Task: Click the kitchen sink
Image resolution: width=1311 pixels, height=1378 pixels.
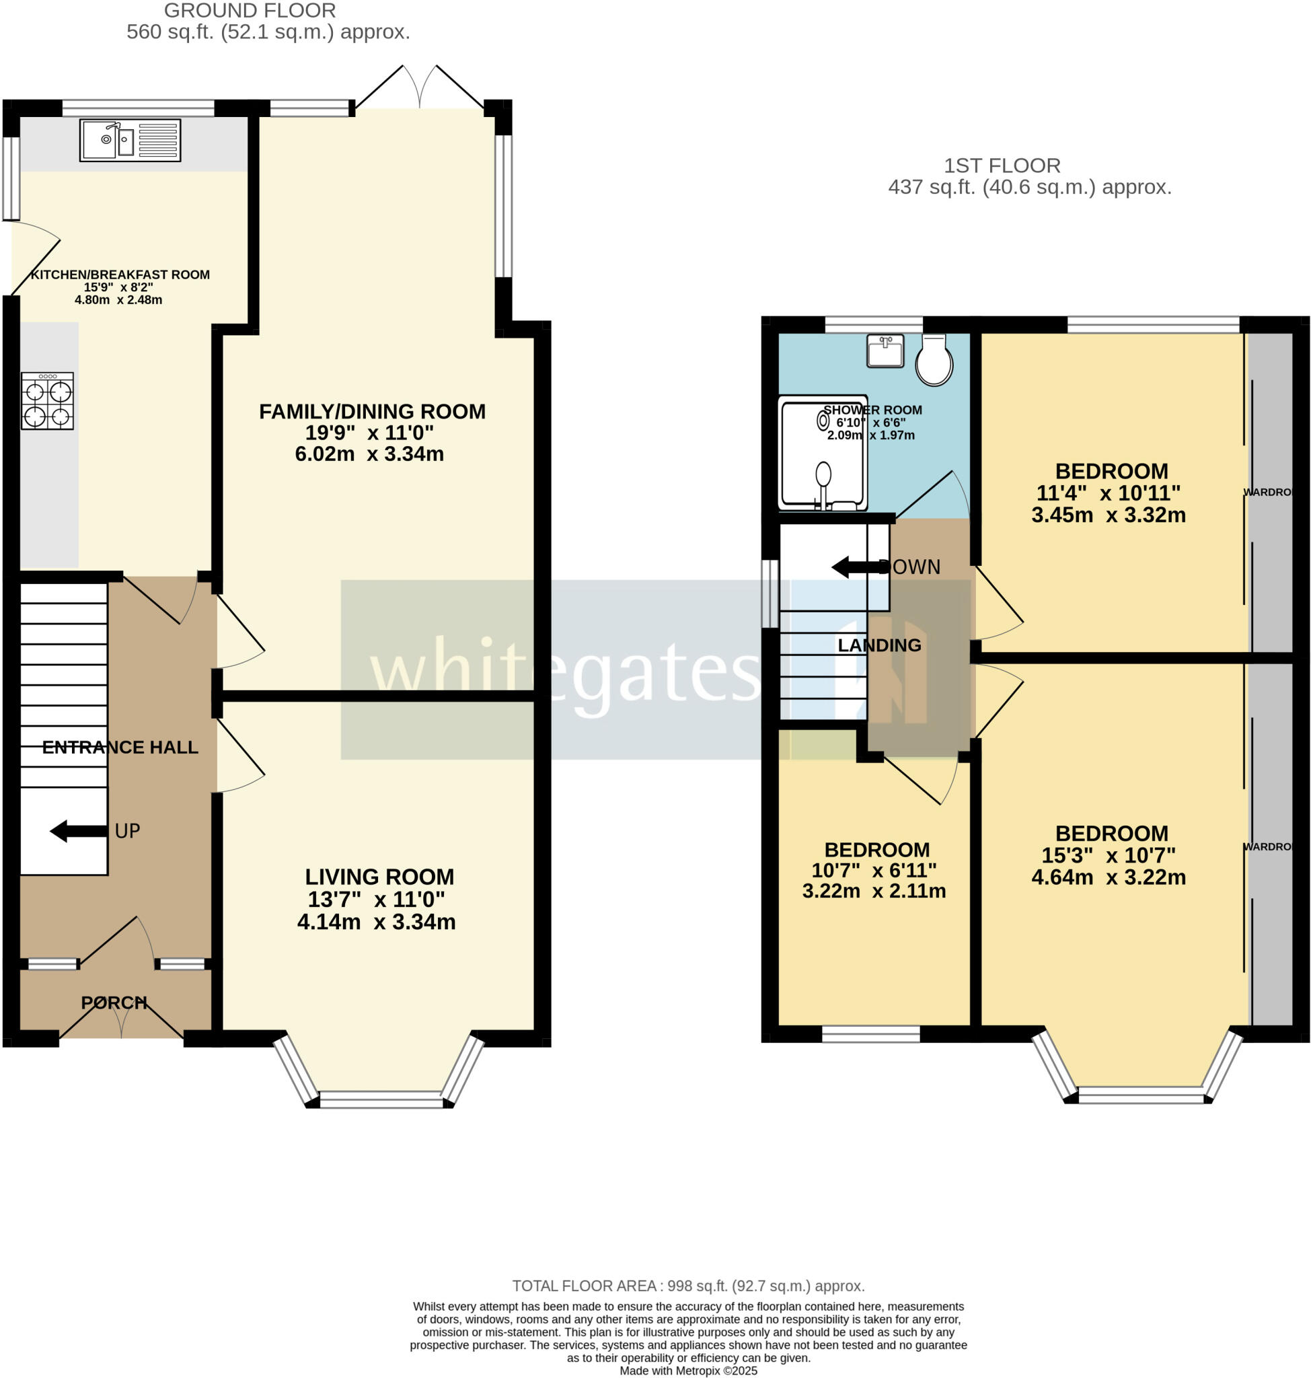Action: click(x=130, y=141)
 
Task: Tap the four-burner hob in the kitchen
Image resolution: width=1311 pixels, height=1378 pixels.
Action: click(x=47, y=401)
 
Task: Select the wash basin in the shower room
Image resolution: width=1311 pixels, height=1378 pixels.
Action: click(x=885, y=351)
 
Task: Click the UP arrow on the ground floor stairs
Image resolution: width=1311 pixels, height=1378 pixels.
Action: click(x=78, y=831)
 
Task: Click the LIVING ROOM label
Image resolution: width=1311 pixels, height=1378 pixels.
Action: click(x=379, y=877)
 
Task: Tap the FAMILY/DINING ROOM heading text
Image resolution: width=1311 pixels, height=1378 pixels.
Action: click(x=372, y=411)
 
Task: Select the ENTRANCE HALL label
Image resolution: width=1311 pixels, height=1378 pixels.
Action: click(x=120, y=748)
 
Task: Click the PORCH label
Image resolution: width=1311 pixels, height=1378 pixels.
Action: click(x=114, y=1003)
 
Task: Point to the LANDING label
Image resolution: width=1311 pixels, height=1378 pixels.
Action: click(x=879, y=645)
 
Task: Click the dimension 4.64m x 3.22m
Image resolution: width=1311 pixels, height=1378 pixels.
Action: click(x=1109, y=877)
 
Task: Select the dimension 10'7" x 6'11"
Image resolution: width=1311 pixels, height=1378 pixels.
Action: click(x=874, y=871)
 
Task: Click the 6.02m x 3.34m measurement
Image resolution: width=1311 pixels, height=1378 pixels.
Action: click(x=369, y=454)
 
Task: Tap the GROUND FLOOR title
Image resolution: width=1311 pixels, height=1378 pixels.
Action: click(x=250, y=11)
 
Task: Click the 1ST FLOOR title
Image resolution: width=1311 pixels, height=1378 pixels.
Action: click(x=1002, y=166)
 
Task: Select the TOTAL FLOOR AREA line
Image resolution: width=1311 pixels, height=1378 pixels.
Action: click(x=687, y=1286)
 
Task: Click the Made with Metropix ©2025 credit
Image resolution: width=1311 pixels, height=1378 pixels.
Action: click(x=687, y=1371)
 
